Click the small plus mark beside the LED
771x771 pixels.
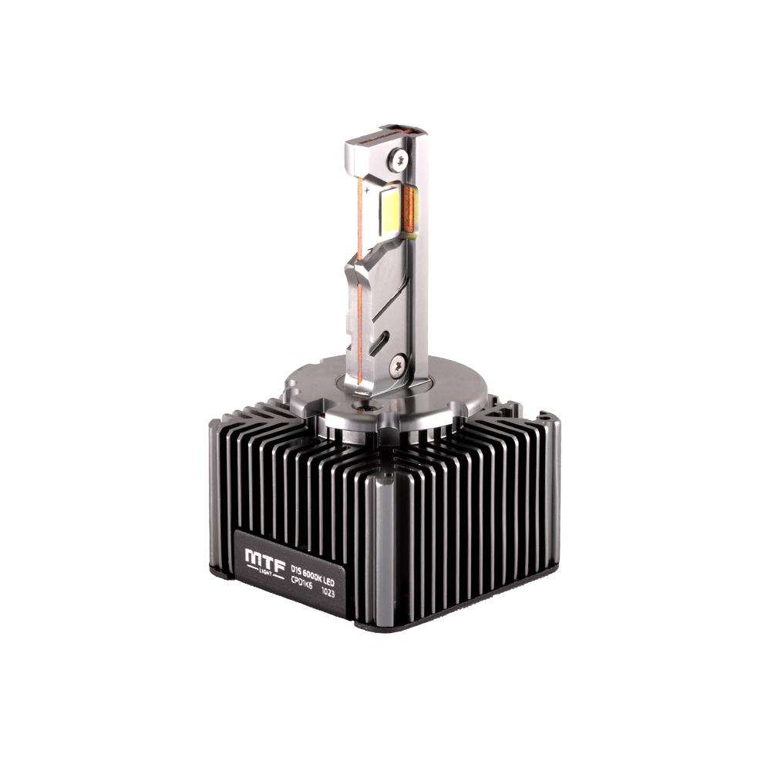[x=368, y=188]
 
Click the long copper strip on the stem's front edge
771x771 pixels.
[x=362, y=308]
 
